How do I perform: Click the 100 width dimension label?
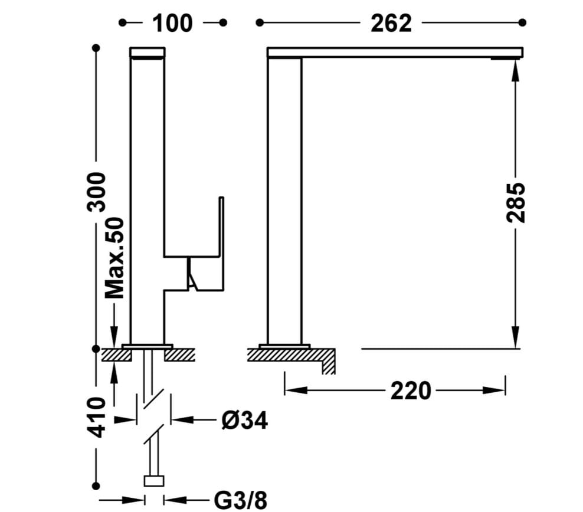click(172, 23)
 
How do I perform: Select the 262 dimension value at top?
click(391, 23)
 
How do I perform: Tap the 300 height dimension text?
click(97, 192)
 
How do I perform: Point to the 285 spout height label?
click(516, 203)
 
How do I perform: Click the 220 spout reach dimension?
click(411, 390)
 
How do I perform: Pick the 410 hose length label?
click(97, 417)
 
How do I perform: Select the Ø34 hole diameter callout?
click(245, 421)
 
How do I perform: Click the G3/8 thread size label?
click(241, 500)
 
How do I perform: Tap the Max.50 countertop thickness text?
click(114, 258)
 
